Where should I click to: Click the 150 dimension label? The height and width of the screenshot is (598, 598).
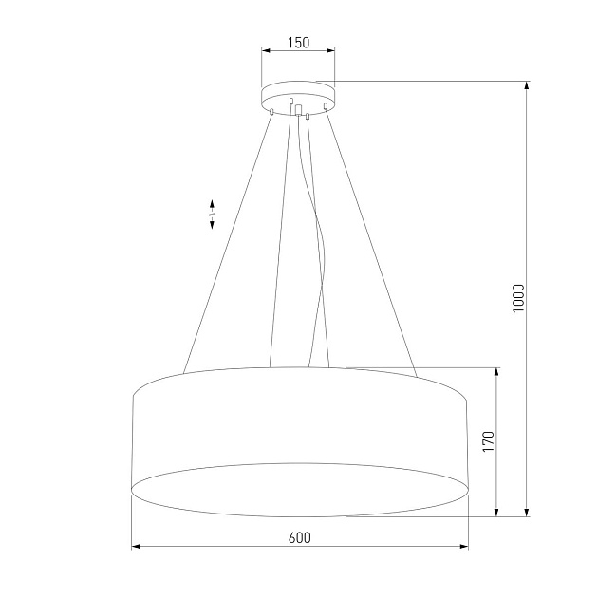pos(298,43)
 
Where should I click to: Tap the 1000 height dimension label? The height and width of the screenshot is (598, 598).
pos(517,300)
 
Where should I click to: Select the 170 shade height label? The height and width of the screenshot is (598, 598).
pos(488,442)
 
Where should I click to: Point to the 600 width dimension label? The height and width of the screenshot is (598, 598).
pos(299,537)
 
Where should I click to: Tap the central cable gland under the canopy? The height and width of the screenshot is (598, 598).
pos(300,111)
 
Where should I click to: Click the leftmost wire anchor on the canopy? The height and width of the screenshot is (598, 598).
pos(271,112)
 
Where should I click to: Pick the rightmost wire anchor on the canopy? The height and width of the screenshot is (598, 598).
pos(325,106)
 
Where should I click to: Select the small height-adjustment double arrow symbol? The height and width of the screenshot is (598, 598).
pos(213,215)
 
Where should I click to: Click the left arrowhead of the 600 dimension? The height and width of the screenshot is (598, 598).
pos(135,547)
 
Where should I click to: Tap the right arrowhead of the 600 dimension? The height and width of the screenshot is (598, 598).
pos(464,547)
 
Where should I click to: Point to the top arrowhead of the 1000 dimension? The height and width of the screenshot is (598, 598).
pos(528,85)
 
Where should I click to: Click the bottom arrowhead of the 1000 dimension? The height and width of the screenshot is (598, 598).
pos(528,513)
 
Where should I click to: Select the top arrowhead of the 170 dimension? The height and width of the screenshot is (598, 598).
pos(496,371)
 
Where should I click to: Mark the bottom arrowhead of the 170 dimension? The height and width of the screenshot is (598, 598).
pos(496,513)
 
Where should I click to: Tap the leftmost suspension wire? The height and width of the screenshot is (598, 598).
pos(228,237)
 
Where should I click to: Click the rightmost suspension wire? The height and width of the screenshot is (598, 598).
pos(371,237)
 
